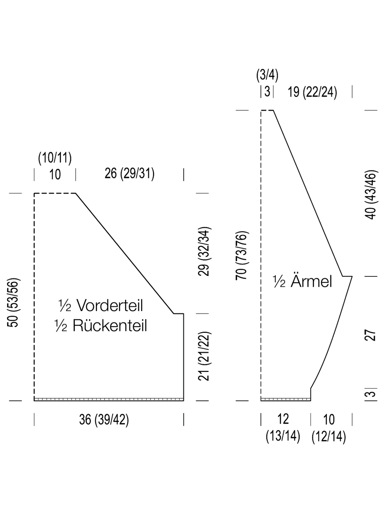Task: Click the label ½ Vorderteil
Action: coord(101,305)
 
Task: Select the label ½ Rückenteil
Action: coord(101,325)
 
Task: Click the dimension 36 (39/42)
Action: coord(104,419)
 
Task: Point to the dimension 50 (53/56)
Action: coord(13,303)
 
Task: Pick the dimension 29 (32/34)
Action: coord(204,251)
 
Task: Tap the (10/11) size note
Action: coord(55,158)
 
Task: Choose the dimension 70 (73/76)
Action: coord(241,256)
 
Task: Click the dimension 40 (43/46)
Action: coord(371,195)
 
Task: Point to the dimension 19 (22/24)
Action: coord(312,92)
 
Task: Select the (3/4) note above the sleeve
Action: coord(267,75)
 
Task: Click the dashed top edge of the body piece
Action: coord(55,193)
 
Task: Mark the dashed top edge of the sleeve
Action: coord(267,110)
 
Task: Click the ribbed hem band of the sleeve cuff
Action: coord(286,399)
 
